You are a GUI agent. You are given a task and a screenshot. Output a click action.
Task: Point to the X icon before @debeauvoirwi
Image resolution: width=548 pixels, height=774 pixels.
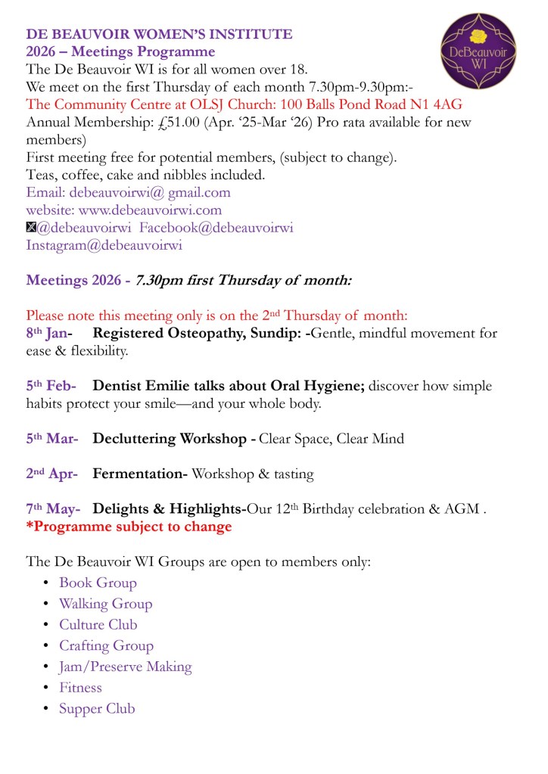31,228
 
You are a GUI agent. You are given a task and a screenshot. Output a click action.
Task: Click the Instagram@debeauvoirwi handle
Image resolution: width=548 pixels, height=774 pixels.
104,245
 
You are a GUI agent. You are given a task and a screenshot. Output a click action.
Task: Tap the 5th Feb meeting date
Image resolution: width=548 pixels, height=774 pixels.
50,386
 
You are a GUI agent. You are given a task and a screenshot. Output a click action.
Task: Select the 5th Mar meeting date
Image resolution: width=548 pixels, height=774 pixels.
51,439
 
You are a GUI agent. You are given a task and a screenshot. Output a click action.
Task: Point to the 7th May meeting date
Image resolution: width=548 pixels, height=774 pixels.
53,509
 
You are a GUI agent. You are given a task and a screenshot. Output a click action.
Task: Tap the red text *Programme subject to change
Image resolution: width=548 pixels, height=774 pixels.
129,527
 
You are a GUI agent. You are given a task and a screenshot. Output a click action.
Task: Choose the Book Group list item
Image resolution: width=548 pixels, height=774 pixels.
98,583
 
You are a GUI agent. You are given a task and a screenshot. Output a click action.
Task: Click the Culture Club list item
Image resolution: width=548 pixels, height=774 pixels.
98,625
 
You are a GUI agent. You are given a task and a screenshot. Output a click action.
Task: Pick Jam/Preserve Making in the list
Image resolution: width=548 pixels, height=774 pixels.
125,667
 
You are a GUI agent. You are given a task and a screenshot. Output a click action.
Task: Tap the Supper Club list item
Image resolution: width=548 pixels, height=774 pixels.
97,709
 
